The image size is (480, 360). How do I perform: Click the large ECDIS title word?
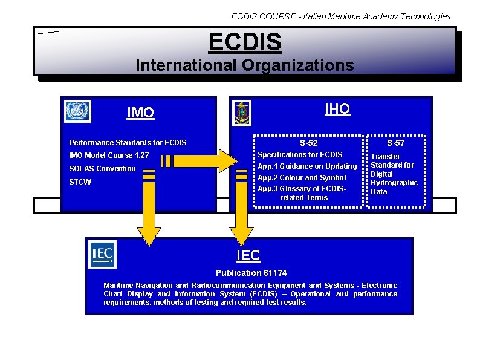tap(245, 42)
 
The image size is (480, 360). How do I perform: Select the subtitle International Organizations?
tap(245, 65)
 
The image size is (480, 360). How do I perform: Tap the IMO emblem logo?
tap(77, 111)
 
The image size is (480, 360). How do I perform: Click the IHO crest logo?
tap(242, 113)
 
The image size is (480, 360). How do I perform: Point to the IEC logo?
tap(102, 254)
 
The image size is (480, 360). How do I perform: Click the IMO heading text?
tap(140, 113)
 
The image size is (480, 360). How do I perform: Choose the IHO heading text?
tap(337, 109)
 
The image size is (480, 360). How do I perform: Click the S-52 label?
tap(308, 143)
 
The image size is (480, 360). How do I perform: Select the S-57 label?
tap(396, 143)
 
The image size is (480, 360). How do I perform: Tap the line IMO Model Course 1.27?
tap(109, 156)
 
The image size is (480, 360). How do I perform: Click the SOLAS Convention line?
tap(102, 169)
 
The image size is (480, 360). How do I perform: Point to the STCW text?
tap(80, 182)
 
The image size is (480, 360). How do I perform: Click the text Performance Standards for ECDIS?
tap(128, 143)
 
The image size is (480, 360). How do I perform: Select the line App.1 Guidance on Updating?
tap(307, 166)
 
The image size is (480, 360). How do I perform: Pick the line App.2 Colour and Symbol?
tap(302, 178)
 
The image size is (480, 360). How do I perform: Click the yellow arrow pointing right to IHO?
tap(199, 161)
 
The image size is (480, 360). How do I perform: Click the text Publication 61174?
tap(242, 273)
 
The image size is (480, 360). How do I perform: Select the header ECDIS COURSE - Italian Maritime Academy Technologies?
tap(341, 16)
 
